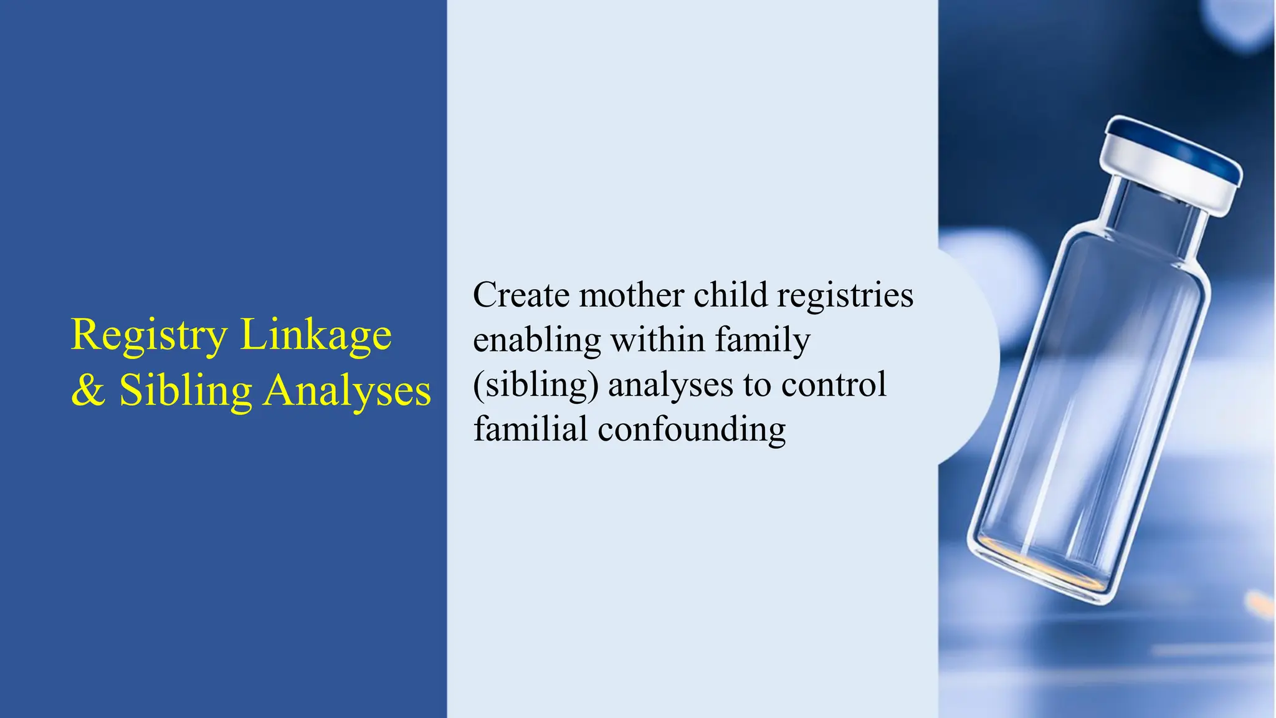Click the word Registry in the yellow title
tap(149, 335)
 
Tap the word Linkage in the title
tap(316, 335)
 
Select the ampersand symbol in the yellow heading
tap(88, 391)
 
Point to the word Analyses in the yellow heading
tap(347, 391)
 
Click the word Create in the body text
tap(521, 295)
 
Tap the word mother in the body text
tap(631, 295)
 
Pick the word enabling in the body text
tap(536, 341)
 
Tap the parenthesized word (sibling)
tap(536, 385)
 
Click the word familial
tap(530, 429)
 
